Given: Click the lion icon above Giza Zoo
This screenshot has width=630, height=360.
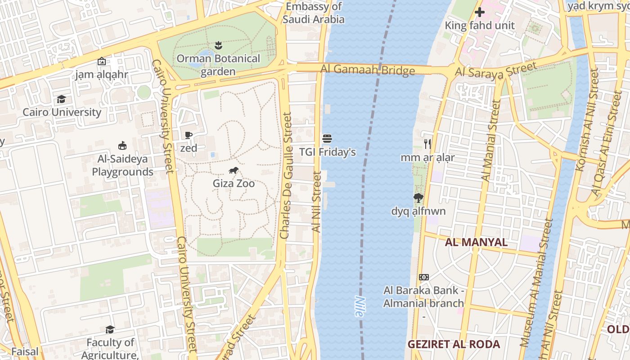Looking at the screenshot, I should [234, 170].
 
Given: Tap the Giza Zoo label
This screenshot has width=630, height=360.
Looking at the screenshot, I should [234, 184].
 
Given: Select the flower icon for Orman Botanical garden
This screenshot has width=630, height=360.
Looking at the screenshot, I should [218, 45].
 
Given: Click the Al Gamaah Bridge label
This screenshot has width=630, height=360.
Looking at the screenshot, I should [368, 70].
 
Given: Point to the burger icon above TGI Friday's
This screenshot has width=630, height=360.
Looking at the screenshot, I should [327, 138].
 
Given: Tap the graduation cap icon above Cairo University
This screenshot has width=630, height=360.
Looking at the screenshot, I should [61, 99].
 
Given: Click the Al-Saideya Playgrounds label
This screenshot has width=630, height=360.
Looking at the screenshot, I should [122, 165].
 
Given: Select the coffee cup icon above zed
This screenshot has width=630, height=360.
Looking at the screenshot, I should [189, 135].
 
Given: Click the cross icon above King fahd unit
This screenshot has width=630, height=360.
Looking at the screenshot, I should [480, 12].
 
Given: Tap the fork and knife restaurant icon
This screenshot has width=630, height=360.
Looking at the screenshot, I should [427, 144].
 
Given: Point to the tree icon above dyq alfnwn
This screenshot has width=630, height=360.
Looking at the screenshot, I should [418, 198].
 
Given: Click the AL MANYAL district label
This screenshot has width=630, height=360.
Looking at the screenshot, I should [476, 242].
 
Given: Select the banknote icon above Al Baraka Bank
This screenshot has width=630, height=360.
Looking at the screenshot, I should [423, 277].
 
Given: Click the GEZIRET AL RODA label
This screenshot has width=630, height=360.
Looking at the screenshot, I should [454, 344].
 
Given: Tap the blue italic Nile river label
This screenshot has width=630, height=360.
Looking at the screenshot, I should [360, 306].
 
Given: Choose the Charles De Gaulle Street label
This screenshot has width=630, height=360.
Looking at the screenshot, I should [286, 175].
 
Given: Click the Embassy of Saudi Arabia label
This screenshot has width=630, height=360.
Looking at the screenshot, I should [314, 13].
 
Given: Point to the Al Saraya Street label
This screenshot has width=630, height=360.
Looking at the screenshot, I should [496, 70].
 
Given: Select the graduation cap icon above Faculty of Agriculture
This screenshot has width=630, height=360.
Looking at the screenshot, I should [110, 329].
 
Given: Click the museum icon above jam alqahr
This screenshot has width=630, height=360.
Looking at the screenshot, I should [102, 61].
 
